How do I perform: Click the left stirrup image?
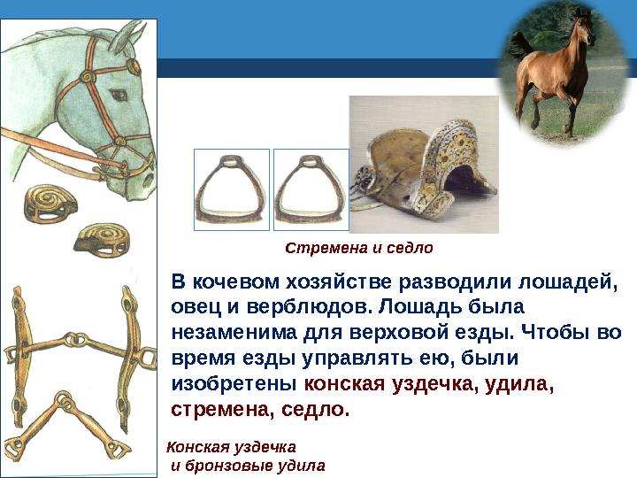tap(231, 189)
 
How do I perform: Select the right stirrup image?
tap(311, 189)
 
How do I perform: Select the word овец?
tap(189, 307)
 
